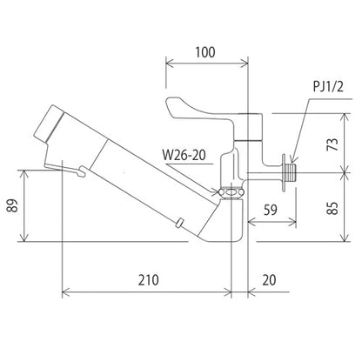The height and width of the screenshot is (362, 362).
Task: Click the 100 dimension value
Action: (205, 52)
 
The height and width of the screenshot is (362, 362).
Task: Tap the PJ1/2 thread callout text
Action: (328, 86)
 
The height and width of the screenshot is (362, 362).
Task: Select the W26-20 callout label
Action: (184, 155)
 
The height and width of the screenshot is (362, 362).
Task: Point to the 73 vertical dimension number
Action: (333, 144)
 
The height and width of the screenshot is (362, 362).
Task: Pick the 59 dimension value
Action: (271, 210)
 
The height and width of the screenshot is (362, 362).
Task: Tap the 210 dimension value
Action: (148, 280)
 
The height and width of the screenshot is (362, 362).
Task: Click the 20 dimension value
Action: (269, 280)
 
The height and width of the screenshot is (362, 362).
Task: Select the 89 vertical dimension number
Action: (13, 205)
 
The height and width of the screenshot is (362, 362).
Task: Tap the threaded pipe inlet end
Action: (291, 173)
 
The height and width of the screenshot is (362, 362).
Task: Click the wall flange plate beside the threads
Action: (283, 172)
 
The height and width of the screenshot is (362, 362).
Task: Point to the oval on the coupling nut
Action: (231, 192)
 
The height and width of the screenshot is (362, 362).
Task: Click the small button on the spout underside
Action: (179, 223)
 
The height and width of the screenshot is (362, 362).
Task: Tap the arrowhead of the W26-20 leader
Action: (215, 191)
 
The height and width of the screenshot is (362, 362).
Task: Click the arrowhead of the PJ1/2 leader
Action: (292, 159)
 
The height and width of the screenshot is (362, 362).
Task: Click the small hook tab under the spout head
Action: (81, 171)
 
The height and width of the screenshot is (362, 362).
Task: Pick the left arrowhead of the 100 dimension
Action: (169, 63)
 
